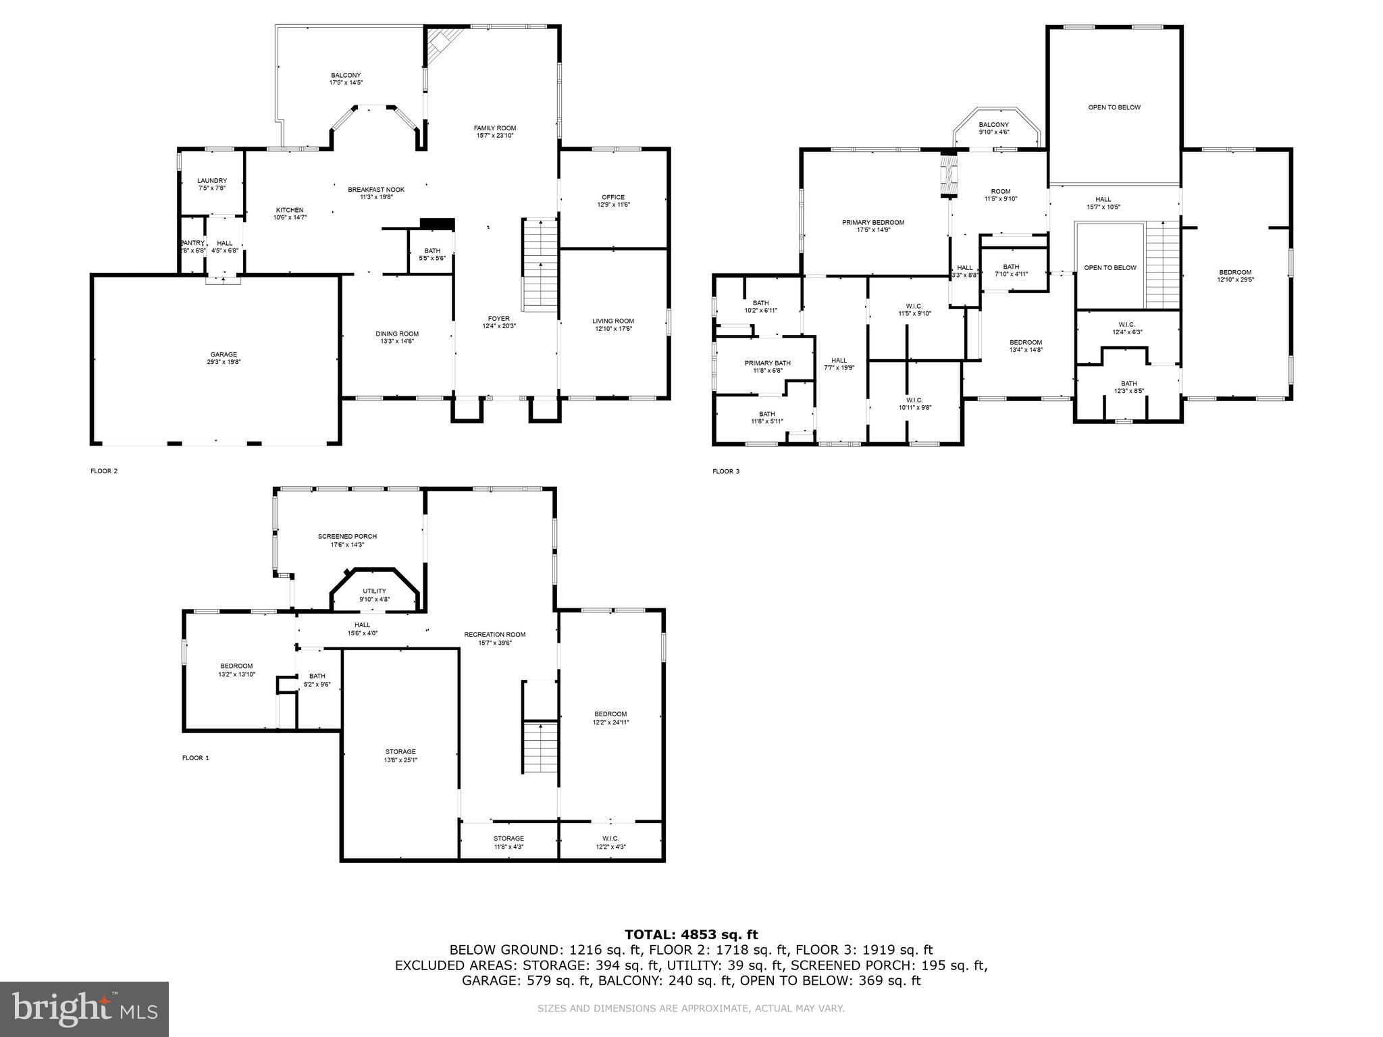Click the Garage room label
click(223, 354)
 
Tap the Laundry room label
click(211, 181)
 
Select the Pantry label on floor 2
click(192, 243)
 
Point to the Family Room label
click(494, 128)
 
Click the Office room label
click(612, 197)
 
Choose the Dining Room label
click(397, 334)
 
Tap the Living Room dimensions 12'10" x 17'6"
click(613, 329)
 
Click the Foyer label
click(498, 319)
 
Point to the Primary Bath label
click(767, 363)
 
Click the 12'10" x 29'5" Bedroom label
click(1235, 272)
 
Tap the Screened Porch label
click(347, 536)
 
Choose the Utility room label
click(374, 591)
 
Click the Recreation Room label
click(494, 634)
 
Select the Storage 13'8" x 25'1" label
click(400, 751)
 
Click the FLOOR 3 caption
click(725, 471)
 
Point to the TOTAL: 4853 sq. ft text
click(691, 934)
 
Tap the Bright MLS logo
click(84, 1009)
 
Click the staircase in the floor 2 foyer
click(540, 265)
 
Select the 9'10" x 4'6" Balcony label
click(993, 125)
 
